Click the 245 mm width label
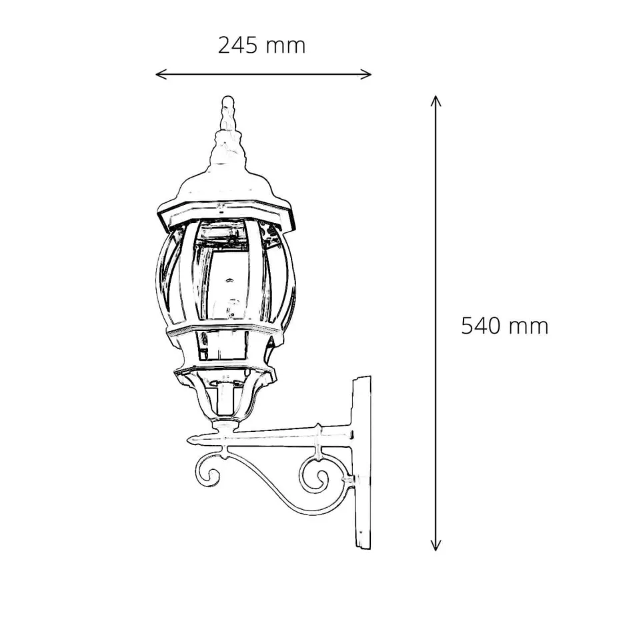point(261,45)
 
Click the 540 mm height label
point(504,326)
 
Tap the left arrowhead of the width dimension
point(159,74)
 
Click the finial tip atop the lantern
point(227,102)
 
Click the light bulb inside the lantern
point(231,308)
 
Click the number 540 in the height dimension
point(482,326)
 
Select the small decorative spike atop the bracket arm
point(320,427)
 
